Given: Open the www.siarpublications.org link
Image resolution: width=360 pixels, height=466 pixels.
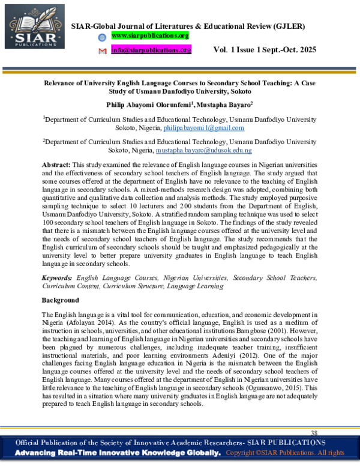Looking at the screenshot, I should click(151, 37).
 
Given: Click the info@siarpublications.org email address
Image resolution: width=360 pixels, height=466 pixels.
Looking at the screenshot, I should click(151, 50).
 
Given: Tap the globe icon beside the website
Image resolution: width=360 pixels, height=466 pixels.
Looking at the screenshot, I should click(102, 37).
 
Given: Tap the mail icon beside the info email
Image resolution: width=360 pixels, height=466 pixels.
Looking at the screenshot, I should click(102, 50).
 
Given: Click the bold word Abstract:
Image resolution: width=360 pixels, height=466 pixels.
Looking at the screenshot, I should click(56, 165).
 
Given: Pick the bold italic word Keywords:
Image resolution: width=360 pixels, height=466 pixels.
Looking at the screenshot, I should click(57, 279).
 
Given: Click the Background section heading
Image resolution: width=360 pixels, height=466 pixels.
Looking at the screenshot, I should click(60, 300).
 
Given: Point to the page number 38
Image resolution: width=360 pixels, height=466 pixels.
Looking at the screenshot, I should click(314, 433).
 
